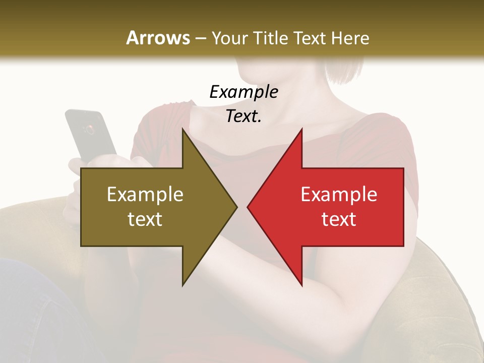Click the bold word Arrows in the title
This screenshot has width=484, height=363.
pos(158,38)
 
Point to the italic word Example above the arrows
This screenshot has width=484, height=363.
pos(244,92)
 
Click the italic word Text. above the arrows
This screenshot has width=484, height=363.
pos(244,116)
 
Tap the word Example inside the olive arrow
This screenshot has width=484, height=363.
pos(145,194)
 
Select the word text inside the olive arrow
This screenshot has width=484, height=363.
pos(145,219)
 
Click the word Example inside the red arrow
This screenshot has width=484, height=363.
pos(339,194)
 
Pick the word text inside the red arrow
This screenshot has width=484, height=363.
pos(339,219)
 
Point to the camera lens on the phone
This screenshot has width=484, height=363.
pos(90,130)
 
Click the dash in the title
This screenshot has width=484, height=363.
pos(201,38)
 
